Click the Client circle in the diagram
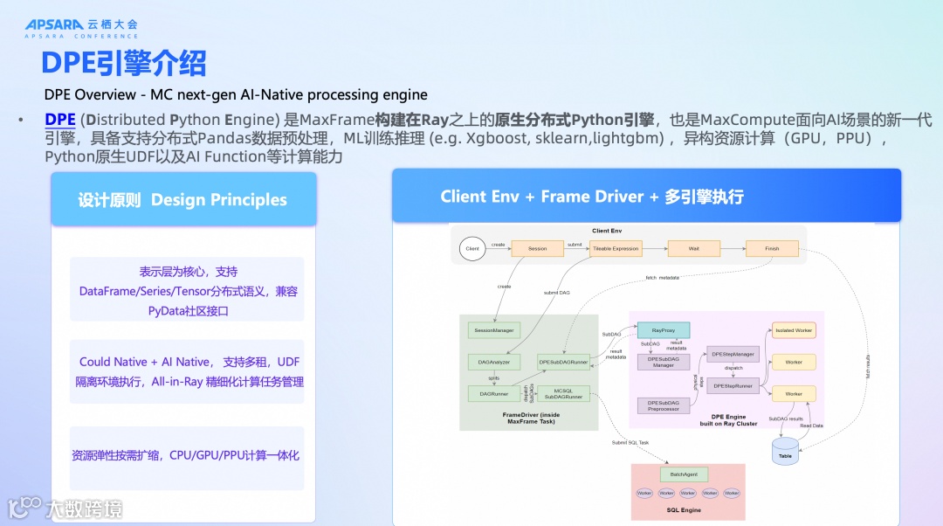pos(472,249)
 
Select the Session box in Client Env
pos(537,249)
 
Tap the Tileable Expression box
pos(616,249)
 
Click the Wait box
pos(693,249)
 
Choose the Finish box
pos(772,249)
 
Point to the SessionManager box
pos(494,330)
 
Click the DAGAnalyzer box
pos(494,362)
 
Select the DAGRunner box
pos(494,394)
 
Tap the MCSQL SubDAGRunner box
pos(563,394)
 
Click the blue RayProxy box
pos(664,330)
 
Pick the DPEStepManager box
pos(733,354)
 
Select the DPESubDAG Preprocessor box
pos(664,405)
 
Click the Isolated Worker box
pos(793,330)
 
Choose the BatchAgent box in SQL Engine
pos(683,474)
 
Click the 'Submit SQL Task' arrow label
pos(630,442)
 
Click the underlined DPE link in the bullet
pos(60,120)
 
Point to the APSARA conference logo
pos(80,29)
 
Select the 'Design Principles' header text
pos(218,200)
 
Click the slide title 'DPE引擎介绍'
pos(124,64)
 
